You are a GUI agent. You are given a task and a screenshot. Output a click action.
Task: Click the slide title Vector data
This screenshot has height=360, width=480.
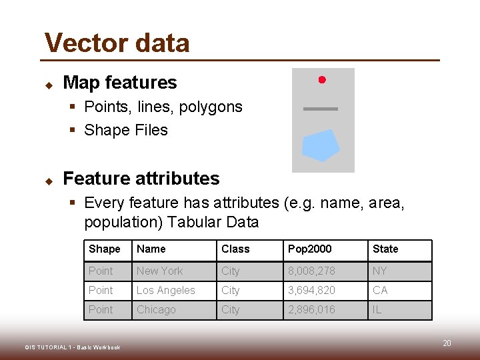[117, 43]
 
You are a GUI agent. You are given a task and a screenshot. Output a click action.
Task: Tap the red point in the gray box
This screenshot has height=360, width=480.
[321, 80]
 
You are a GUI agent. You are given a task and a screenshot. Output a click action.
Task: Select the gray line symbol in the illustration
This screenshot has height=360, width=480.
[321, 109]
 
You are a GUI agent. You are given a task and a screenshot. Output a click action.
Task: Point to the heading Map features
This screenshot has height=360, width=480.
[119, 83]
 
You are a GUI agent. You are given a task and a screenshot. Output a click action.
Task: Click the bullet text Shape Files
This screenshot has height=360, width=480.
[126, 130]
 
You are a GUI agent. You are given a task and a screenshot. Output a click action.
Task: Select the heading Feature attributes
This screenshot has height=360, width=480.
[141, 179]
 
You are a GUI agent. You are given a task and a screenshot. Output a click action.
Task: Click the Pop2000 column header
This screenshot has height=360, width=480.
[309, 249]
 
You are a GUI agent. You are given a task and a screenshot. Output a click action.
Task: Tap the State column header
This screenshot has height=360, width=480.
[385, 249]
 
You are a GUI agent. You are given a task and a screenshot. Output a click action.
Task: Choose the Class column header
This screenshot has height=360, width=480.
[235, 249]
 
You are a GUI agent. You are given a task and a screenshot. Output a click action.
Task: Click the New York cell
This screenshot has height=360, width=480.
[159, 271]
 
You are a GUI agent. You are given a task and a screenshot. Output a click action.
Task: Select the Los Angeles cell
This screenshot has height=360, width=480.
[166, 291]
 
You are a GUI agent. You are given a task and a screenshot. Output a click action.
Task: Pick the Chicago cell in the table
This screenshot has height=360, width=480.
[156, 310]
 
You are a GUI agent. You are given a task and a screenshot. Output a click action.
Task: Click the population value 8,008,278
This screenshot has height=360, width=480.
[311, 271]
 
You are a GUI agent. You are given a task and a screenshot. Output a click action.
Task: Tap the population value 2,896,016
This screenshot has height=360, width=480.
[311, 310]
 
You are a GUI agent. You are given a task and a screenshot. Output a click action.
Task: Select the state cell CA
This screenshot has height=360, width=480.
[380, 291]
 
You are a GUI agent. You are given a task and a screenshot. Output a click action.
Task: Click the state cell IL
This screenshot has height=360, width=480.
[377, 310]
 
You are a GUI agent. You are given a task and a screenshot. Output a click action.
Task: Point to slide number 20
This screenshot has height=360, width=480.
[447, 343]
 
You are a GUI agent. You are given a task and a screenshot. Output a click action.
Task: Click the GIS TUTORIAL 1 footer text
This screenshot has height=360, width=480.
[73, 347]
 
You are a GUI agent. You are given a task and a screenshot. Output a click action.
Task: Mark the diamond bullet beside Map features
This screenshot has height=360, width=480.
[49, 85]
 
